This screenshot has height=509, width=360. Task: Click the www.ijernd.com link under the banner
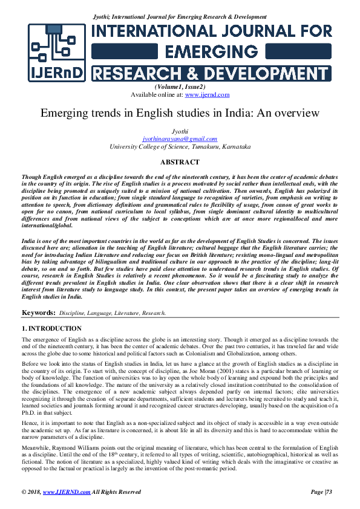pos(207,95)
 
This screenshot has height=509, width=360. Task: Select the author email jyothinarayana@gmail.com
pos(179,138)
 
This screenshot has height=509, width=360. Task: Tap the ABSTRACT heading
pos(180,162)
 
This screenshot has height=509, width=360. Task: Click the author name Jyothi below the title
pos(180,131)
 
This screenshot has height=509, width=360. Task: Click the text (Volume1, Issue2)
pos(180,88)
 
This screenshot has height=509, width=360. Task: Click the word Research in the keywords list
pos(153,314)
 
